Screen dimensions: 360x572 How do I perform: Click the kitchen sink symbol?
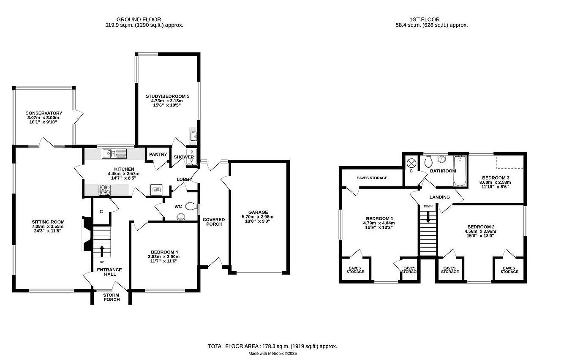(113, 154)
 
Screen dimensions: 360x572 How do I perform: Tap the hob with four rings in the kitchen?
(105, 191)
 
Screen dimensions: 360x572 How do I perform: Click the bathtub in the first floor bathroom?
(460, 172)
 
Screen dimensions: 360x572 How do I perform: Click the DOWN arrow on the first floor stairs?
(428, 217)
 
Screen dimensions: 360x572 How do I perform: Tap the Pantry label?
(158, 155)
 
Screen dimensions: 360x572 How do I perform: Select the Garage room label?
(258, 213)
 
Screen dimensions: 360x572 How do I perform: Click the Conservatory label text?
(44, 113)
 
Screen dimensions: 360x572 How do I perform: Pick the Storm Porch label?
(112, 297)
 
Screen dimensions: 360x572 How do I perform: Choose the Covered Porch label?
(214, 222)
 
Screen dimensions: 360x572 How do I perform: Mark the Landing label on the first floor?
(439, 197)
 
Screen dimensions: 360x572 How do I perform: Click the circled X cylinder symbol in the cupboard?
(411, 162)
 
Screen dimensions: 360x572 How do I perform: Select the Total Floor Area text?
(272, 346)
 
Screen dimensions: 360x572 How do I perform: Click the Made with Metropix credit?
(272, 354)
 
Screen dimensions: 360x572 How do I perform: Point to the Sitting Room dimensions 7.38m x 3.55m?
(48, 226)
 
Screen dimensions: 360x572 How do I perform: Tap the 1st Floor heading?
(424, 19)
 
